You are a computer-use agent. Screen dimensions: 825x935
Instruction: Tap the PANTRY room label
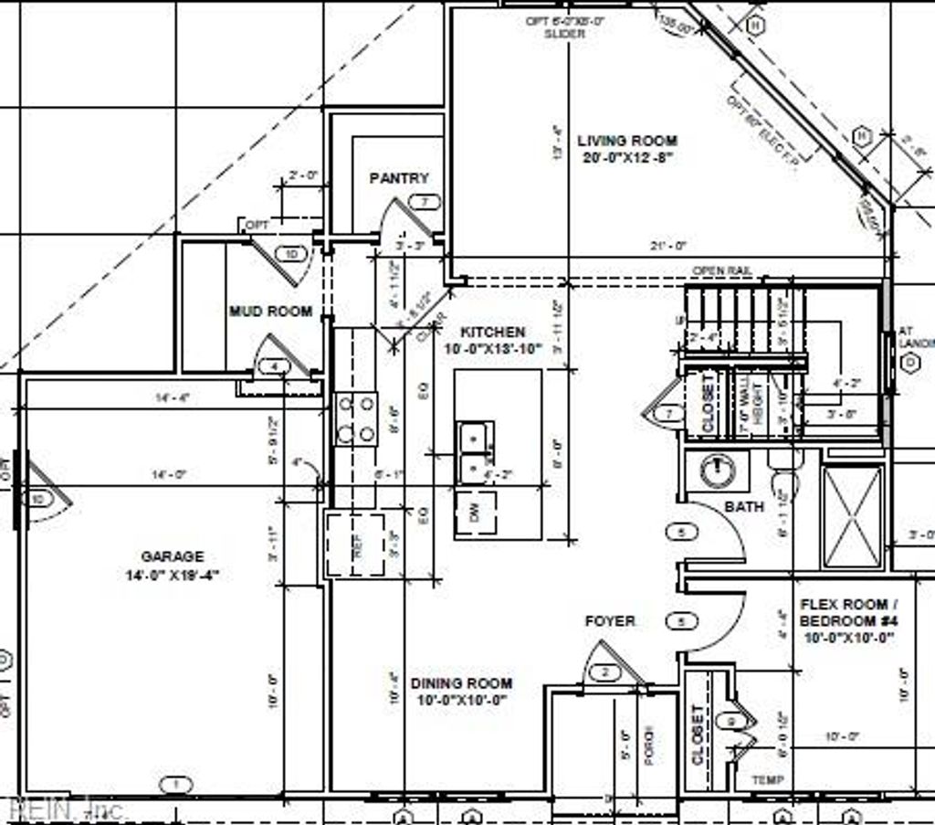point(399,178)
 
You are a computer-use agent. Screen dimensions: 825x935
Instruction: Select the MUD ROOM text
point(270,312)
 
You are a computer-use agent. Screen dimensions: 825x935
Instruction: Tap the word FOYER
point(610,621)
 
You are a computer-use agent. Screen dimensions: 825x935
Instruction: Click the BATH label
point(745,506)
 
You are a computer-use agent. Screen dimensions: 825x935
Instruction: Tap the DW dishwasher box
point(475,513)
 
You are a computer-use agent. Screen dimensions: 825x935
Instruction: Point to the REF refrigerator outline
point(355,545)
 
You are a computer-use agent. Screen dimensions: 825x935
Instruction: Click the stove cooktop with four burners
point(356,418)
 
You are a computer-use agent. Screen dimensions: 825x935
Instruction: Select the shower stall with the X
point(852,517)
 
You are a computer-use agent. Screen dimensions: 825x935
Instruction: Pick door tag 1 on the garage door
point(176,783)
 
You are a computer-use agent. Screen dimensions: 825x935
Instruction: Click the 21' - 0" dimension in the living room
point(667,246)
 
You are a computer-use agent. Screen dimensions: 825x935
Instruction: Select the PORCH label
point(649,745)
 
